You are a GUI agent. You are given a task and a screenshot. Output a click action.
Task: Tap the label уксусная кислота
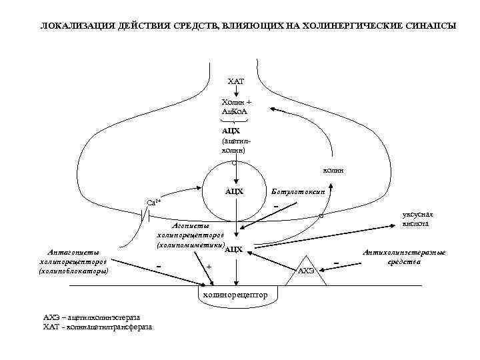[x=417, y=219]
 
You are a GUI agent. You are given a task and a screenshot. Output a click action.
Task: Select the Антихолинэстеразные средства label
[x=405, y=257]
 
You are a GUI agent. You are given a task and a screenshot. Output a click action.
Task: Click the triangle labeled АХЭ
[x=306, y=269]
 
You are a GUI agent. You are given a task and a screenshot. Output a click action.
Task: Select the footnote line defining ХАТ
[x=97, y=327]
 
